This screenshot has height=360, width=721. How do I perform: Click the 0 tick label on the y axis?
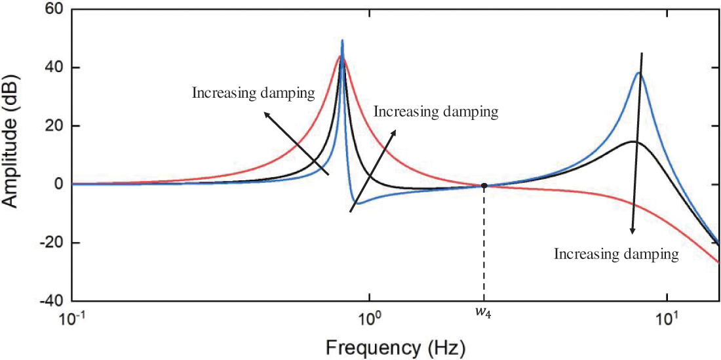pos(58,184)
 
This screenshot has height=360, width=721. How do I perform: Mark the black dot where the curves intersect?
pos(484,186)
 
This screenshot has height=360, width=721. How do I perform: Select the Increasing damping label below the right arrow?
pos(616,254)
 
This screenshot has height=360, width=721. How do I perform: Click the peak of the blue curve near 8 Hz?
pos(638,73)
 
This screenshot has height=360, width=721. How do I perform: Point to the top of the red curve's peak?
pos(341,56)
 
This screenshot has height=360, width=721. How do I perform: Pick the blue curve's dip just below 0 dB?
pos(357,203)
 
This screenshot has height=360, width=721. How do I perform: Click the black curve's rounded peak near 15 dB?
pos(632,142)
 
